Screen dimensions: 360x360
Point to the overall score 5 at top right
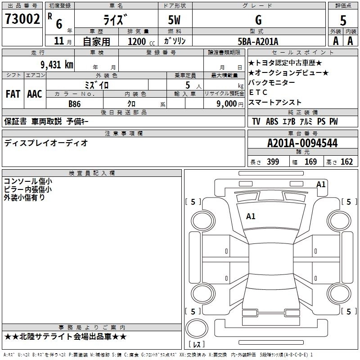pos(343,21)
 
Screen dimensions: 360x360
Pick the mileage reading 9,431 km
pos(50,64)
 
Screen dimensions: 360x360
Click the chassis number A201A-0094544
pos(302,143)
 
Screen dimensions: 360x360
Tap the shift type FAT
pos(13,94)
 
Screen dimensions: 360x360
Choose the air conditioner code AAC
pos(35,94)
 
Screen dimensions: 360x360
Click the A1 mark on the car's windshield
pos(251,216)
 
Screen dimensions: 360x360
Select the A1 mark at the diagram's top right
pos(321,184)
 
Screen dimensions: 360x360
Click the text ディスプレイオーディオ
pos(46,143)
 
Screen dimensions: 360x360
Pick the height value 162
pos(346,162)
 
